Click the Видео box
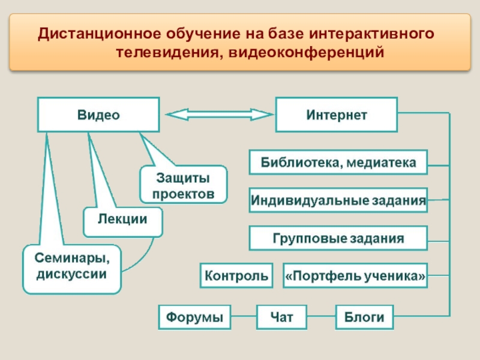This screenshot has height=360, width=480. [98, 115]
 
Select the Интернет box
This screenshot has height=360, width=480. [336, 115]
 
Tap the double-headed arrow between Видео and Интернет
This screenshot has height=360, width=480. [217, 115]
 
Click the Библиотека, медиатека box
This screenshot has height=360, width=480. [338, 163]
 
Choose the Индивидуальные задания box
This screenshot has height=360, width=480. [338, 200]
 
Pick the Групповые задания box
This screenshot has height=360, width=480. [338, 238]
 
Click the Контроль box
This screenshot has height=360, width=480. [236, 275]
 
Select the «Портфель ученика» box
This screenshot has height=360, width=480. [355, 275]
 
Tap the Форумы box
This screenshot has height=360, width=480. [195, 317]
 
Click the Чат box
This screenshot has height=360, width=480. [281, 317]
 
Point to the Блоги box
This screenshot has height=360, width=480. [364, 317]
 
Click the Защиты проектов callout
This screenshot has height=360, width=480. [184, 185]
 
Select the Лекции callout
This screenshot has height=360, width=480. [123, 220]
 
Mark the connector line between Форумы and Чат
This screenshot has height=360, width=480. [245, 317]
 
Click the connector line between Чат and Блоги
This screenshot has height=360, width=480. [321, 317]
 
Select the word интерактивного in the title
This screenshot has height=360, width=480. [378, 31]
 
